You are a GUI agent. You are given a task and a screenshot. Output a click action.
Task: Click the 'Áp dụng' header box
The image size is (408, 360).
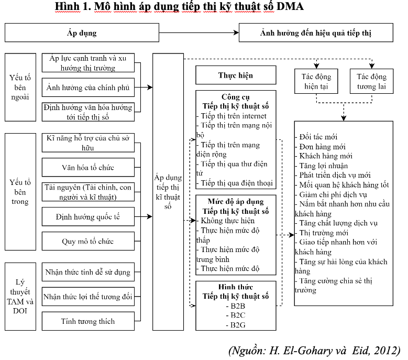click(82, 32)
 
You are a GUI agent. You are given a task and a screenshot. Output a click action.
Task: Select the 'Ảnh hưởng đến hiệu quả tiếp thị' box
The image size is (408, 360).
click(316, 32)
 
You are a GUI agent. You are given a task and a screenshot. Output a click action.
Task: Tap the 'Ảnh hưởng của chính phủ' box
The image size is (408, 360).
click(88, 88)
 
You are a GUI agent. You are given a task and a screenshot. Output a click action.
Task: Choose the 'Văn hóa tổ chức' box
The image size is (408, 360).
click(88, 167)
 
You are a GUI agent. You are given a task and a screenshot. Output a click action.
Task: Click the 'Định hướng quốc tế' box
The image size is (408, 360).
click(88, 216)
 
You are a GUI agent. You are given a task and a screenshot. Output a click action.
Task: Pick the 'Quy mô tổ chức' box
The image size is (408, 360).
click(88, 241)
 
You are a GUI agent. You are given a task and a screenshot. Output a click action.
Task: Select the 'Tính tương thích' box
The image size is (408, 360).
click(88, 321)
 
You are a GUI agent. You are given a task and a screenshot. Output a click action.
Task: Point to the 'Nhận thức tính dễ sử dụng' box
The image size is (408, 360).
click(88, 272)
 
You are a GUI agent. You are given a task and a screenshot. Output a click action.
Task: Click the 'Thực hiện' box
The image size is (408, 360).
click(236, 75)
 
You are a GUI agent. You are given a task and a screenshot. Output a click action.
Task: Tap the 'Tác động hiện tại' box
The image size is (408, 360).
click(316, 81)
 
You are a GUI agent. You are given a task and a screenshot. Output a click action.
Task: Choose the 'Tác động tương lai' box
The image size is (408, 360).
click(371, 81)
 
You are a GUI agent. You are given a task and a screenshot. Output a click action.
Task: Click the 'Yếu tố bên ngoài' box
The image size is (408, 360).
click(20, 88)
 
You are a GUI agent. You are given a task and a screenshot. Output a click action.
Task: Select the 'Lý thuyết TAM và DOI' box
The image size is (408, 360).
click(20, 297)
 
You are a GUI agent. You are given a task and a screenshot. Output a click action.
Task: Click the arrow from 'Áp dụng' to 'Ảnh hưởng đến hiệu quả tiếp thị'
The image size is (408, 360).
click(199, 32)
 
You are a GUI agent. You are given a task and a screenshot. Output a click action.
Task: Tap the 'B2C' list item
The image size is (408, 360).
click(236, 315)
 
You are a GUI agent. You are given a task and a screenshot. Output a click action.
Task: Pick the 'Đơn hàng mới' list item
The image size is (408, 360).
click(321, 147)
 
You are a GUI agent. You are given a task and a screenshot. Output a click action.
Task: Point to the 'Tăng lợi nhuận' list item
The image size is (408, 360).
click(322, 166)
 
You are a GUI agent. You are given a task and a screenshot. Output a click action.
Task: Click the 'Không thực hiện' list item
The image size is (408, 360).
click(226, 221)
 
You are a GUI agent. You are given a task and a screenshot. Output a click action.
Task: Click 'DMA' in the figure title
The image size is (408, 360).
click(290, 6)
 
